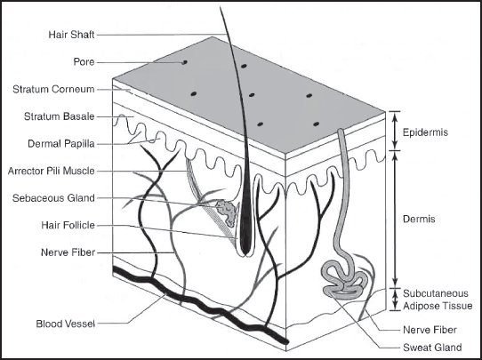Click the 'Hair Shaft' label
pyautogui.click(x=71, y=35)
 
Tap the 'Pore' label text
pyautogui.click(x=84, y=62)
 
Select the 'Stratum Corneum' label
pyautogui.click(x=53, y=90)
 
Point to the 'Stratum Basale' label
pyautogui.click(x=59, y=116)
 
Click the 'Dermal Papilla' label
pyautogui.click(x=61, y=144)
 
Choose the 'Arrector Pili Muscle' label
pyautogui.click(x=51, y=171)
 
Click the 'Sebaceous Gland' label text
pyautogui.click(x=53, y=198)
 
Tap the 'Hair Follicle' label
pyautogui.click(x=68, y=225)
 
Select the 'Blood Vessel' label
pyautogui.click(x=66, y=324)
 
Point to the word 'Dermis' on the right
pyautogui.click(x=419, y=219)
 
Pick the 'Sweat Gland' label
pyautogui.click(x=432, y=348)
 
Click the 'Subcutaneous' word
pyautogui.click(x=436, y=293)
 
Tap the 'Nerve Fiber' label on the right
pyautogui.click(x=430, y=330)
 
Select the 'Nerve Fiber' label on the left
pyautogui.click(x=68, y=252)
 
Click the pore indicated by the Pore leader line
pyautogui.click(x=184, y=62)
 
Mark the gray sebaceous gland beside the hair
pyautogui.click(x=227, y=212)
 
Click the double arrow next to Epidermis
pyautogui.click(x=396, y=131)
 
